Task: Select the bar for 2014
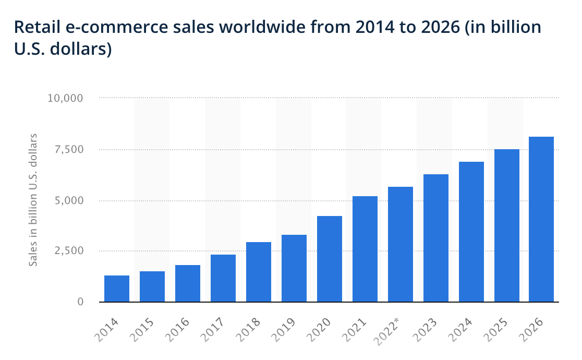117,289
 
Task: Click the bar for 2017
223,278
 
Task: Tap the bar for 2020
330,259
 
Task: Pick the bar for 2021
365,249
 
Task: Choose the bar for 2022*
401,244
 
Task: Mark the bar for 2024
471,232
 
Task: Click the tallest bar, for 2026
541,219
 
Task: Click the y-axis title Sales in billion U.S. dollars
33,200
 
